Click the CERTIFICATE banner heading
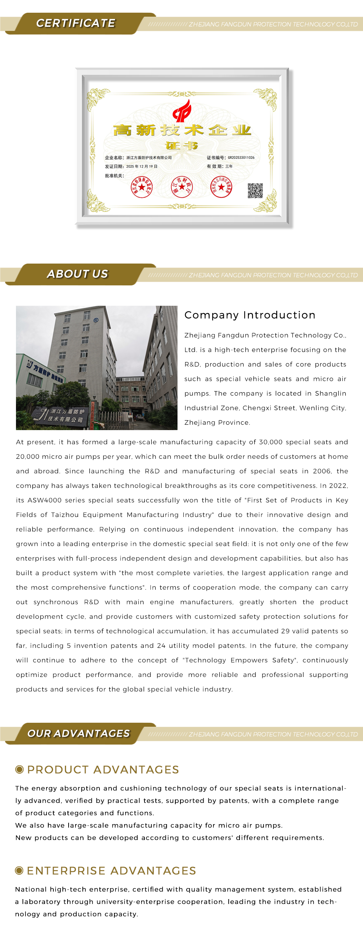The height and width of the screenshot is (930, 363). (x=76, y=23)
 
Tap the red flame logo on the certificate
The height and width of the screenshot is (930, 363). (x=182, y=111)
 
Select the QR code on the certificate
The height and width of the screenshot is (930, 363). (x=255, y=191)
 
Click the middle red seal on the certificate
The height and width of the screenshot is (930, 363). (x=182, y=187)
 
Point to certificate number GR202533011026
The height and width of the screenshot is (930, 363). (x=241, y=158)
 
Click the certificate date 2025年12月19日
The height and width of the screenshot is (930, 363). (x=142, y=167)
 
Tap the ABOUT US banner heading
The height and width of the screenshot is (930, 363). (x=77, y=274)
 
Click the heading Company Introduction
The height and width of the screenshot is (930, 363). (x=250, y=315)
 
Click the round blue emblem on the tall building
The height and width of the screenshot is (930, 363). (x=96, y=320)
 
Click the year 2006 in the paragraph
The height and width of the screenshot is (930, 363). (x=322, y=471)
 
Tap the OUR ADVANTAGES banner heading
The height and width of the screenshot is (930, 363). (x=78, y=734)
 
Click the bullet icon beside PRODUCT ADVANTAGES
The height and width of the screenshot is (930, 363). (x=20, y=769)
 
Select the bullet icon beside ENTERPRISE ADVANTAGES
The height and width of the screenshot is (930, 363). (x=19, y=870)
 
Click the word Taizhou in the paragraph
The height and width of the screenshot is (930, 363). (x=65, y=515)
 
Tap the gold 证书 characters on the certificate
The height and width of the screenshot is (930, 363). (x=181, y=146)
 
